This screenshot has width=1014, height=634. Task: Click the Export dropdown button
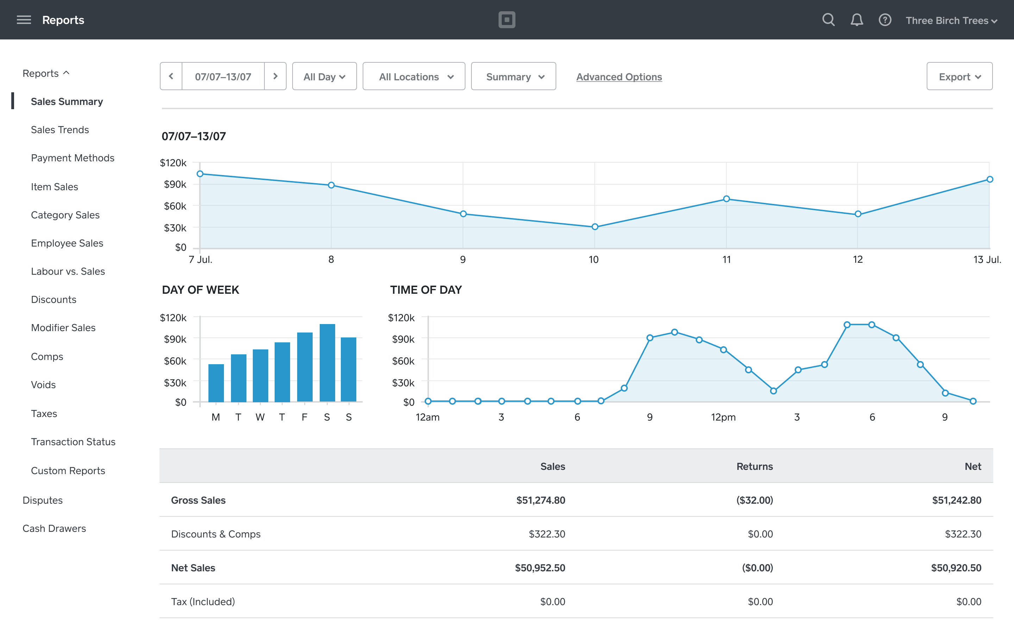[x=959, y=76]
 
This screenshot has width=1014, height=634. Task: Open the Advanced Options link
[x=619, y=77]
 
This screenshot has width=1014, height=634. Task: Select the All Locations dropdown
[x=414, y=76]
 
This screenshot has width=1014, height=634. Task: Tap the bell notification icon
[x=857, y=20]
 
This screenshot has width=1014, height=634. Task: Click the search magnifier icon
[x=828, y=20]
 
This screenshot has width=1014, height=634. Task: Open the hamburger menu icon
[x=24, y=20]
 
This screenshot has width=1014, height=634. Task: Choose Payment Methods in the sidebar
[x=73, y=158]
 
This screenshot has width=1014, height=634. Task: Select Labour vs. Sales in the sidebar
[x=68, y=271]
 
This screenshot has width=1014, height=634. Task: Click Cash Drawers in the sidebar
[x=54, y=528]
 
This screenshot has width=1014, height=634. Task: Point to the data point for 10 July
[x=595, y=227]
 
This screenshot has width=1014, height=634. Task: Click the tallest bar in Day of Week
[x=327, y=363]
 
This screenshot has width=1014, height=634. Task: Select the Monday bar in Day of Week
[x=216, y=383]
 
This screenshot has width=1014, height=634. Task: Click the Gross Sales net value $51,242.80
[x=956, y=500]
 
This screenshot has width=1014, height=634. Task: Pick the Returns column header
[x=754, y=466]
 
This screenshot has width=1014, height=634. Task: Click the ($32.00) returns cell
[x=754, y=500]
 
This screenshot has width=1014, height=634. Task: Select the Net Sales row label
[x=193, y=568]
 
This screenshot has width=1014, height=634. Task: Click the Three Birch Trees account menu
[x=951, y=20]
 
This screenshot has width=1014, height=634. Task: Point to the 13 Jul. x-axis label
[x=987, y=260]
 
